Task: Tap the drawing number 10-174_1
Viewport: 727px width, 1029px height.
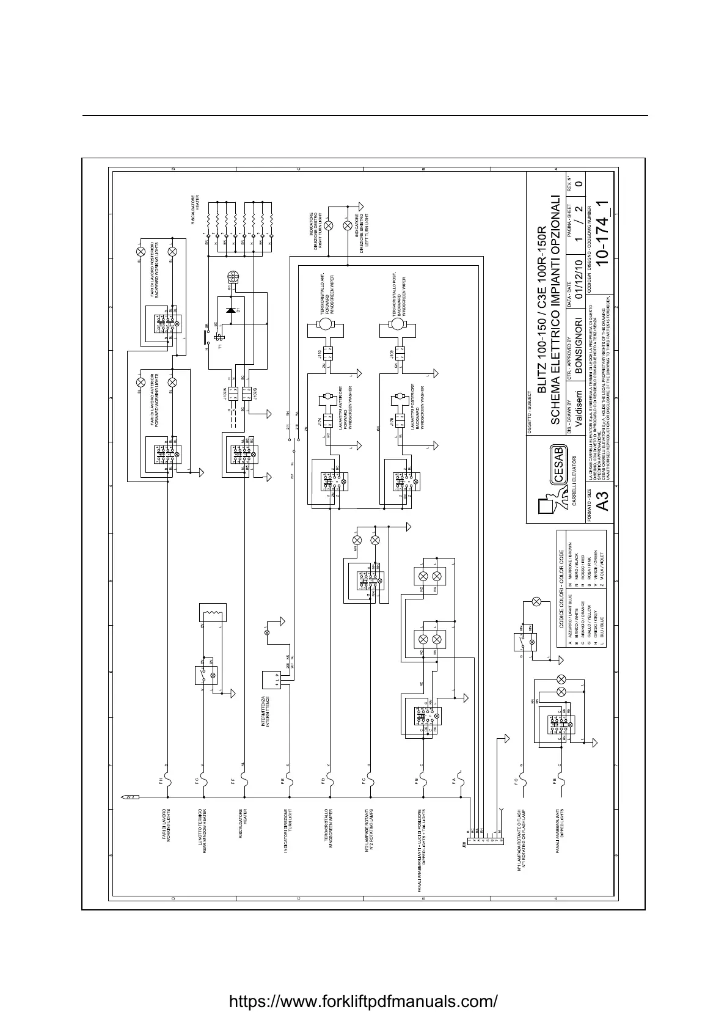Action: pos(601,235)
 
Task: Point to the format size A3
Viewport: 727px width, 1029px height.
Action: pos(602,504)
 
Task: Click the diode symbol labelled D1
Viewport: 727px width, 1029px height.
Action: pos(230,310)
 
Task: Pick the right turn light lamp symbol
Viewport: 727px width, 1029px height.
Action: pos(328,225)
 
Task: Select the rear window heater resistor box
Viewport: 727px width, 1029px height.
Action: pos(213,612)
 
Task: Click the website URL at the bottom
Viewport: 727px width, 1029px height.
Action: pos(363,1002)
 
